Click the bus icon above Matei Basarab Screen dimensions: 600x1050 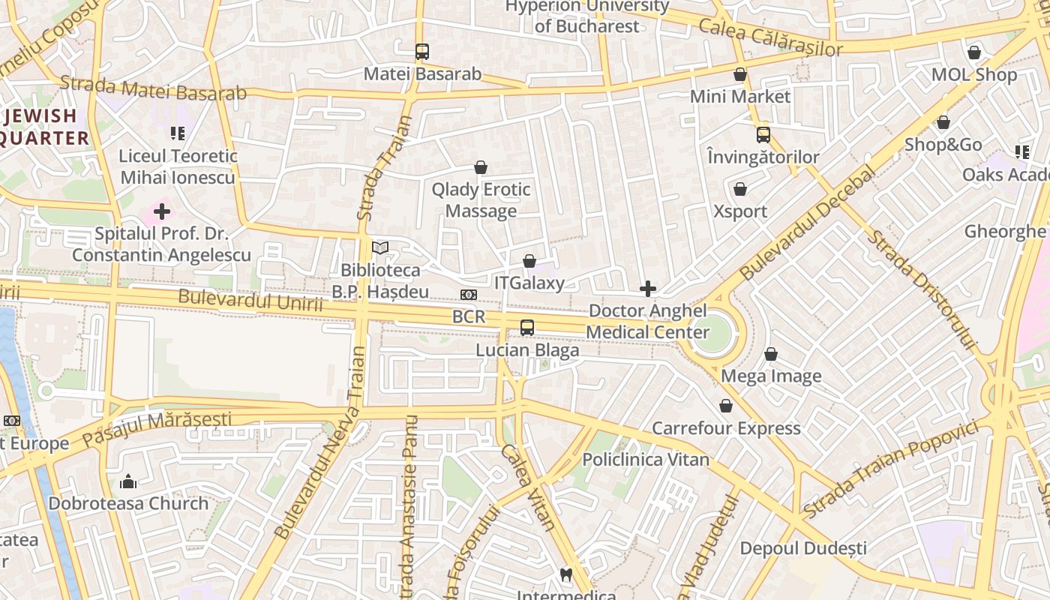click(x=422, y=52)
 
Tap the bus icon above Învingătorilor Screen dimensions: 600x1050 click(x=763, y=135)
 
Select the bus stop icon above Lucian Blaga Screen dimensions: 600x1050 click(x=527, y=328)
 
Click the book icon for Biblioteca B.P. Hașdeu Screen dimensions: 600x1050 click(x=380, y=247)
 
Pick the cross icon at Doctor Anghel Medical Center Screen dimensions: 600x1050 click(x=648, y=289)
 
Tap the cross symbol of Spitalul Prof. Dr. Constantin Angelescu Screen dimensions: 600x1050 click(x=161, y=211)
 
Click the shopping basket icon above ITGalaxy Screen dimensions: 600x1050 click(x=529, y=261)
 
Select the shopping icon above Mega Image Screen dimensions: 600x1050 click(x=771, y=354)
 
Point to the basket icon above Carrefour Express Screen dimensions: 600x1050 click(x=726, y=406)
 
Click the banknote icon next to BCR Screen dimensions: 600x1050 click(x=469, y=295)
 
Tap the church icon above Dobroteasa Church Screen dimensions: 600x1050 click(x=128, y=481)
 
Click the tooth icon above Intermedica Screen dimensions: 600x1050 click(x=567, y=575)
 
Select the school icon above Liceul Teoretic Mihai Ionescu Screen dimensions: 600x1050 click(x=178, y=133)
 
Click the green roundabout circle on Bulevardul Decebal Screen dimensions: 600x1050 click(x=709, y=332)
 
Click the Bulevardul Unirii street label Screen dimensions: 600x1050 click(x=250, y=301)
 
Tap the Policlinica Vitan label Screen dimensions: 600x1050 click(x=646, y=459)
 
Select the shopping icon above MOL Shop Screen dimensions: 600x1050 click(x=974, y=52)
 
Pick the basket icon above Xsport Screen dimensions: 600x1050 click(x=740, y=189)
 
